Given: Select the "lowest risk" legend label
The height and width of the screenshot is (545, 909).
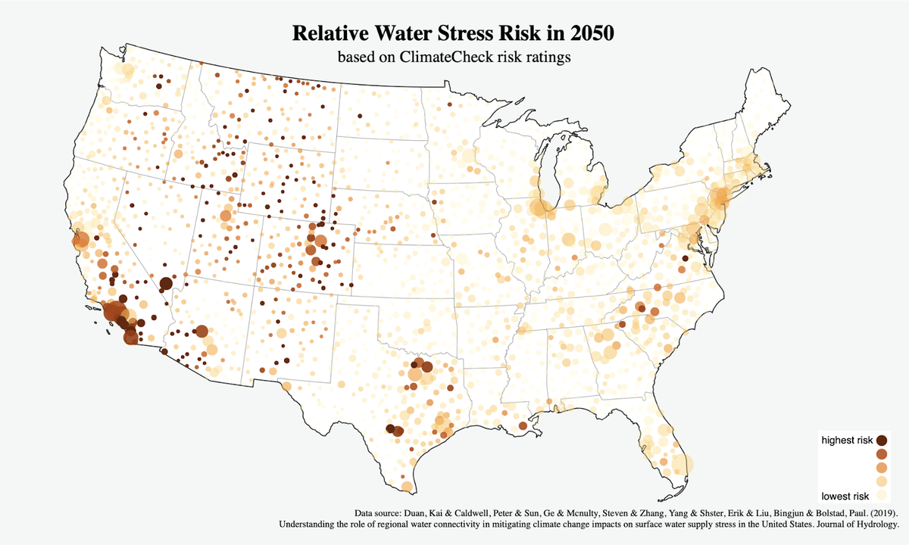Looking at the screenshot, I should click(x=845, y=496).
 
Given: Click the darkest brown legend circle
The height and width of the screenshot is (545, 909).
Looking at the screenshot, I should click(x=882, y=440).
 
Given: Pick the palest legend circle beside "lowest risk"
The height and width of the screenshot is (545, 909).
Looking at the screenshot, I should click(x=882, y=495).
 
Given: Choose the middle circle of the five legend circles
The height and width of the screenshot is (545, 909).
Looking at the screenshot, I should click(x=882, y=468).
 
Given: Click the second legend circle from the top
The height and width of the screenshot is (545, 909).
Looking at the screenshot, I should click(x=882, y=453).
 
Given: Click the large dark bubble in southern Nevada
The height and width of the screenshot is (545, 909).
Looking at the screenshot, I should click(x=166, y=285).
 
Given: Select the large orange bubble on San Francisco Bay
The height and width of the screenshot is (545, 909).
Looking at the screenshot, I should click(x=81, y=241).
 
